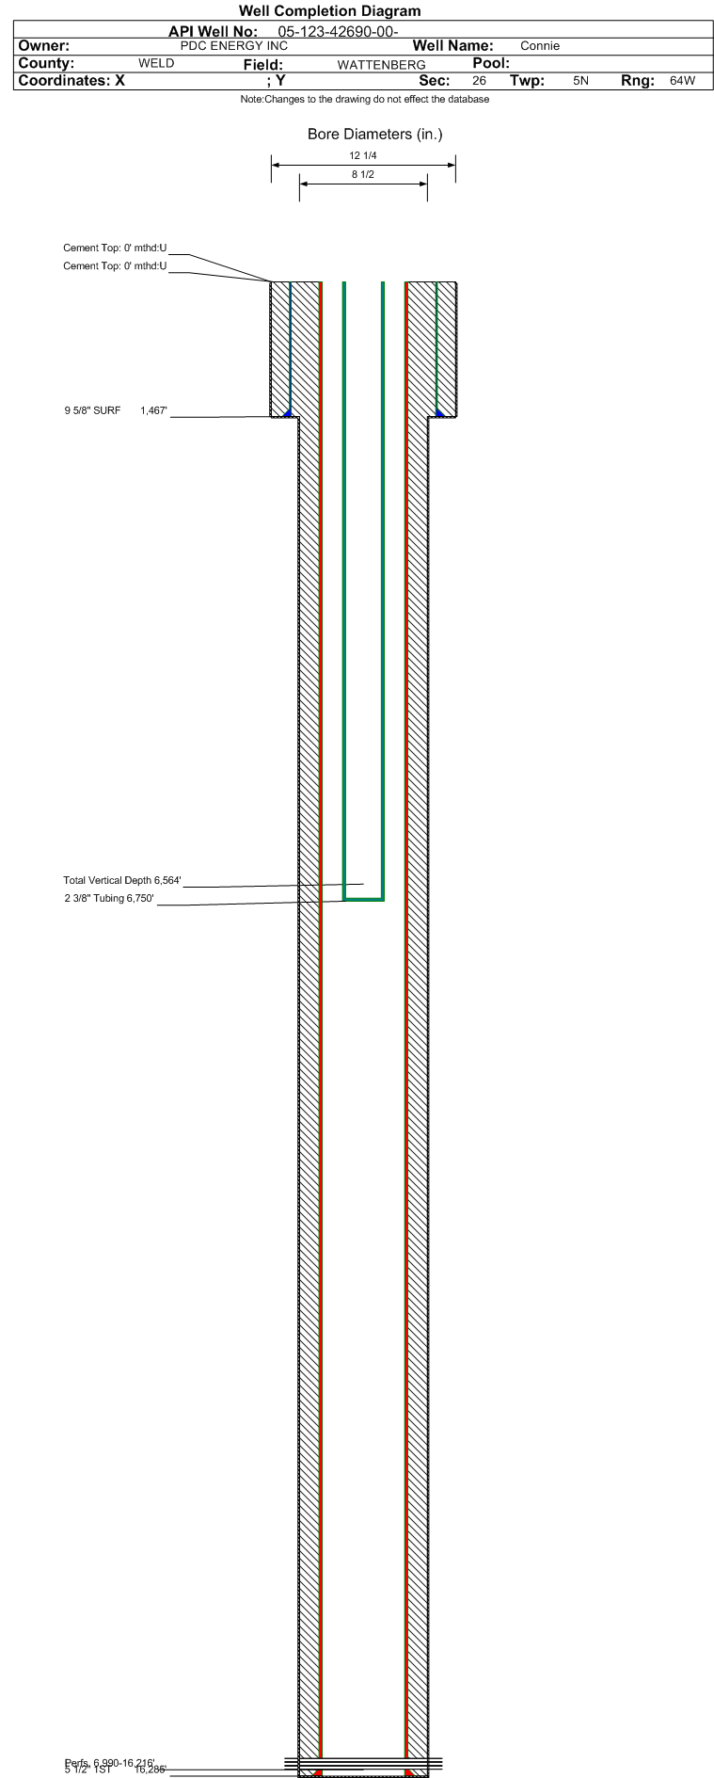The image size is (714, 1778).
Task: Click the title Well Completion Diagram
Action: click(x=329, y=11)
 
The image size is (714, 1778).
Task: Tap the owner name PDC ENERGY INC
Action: click(x=234, y=46)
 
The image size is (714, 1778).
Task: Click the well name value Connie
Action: click(x=540, y=46)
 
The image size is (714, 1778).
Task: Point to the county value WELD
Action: click(x=156, y=64)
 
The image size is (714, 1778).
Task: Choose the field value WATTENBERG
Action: click(x=381, y=65)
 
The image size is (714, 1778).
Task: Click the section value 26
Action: click(x=479, y=81)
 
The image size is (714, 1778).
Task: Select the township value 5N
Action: click(x=580, y=81)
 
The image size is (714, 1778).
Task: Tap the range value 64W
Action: click(x=682, y=81)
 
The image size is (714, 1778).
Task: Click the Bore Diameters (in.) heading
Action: click(x=374, y=135)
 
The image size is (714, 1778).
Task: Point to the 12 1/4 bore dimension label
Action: click(x=363, y=155)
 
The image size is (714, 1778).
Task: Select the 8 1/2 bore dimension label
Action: click(x=363, y=174)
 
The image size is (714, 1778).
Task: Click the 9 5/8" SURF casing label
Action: click(x=92, y=410)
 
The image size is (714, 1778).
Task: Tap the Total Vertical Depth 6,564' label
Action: click(x=121, y=881)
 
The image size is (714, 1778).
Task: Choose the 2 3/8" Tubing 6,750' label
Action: click(x=109, y=899)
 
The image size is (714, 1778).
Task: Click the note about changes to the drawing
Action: click(x=365, y=100)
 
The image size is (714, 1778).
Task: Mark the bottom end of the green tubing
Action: click(x=363, y=900)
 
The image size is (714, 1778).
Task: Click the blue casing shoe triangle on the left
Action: click(x=287, y=411)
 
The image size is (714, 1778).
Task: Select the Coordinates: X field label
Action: click(x=71, y=81)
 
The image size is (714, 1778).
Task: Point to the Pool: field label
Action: click(x=490, y=63)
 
